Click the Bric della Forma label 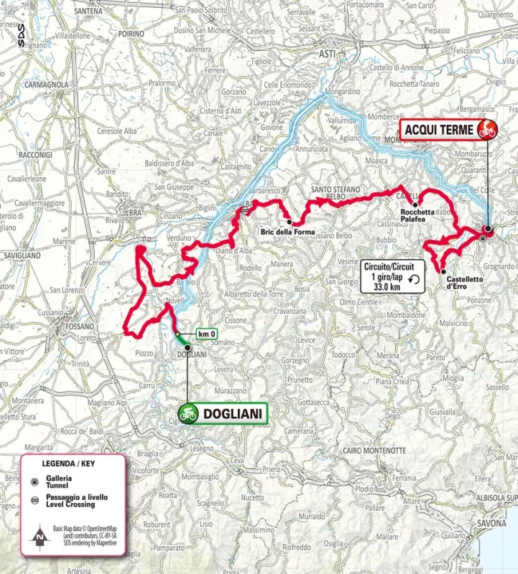tap(288, 230)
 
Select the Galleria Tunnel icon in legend tap(34, 481)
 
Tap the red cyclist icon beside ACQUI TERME tap(488, 129)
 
